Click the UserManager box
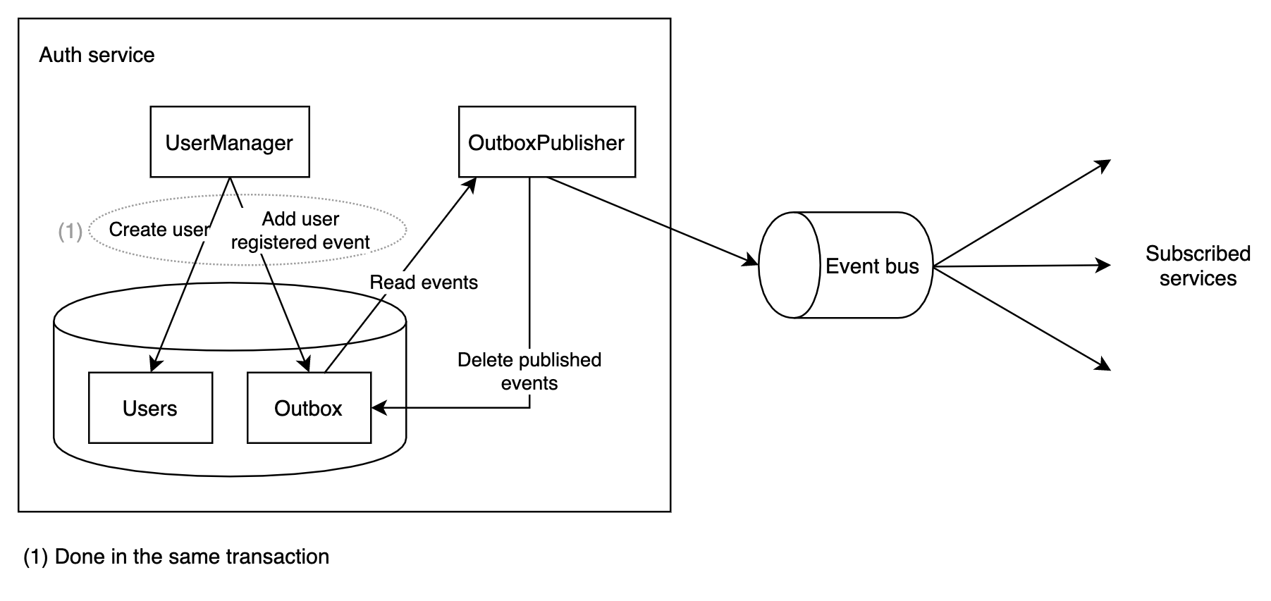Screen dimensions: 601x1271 (230, 142)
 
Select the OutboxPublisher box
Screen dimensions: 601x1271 (546, 142)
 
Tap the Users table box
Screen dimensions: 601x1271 (150, 408)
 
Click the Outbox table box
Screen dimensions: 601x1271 (309, 408)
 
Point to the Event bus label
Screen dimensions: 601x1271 (872, 266)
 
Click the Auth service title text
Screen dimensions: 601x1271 (97, 55)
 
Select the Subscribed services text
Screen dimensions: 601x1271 (1198, 266)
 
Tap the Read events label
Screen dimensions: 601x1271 (424, 283)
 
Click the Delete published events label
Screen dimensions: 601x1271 (529, 371)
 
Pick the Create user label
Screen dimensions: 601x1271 (159, 230)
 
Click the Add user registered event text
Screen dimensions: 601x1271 (300, 230)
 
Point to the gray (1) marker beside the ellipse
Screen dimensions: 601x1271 (70, 230)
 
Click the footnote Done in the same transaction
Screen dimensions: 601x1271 (176, 557)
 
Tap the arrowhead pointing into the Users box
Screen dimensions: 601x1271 (155, 364)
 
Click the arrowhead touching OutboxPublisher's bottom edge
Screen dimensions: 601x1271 (471, 183)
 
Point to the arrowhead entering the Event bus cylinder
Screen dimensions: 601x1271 (751, 262)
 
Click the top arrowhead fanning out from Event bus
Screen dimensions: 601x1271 (1103, 164)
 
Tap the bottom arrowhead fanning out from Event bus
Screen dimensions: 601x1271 (1103, 366)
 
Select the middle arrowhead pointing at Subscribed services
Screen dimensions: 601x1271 (1104, 266)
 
